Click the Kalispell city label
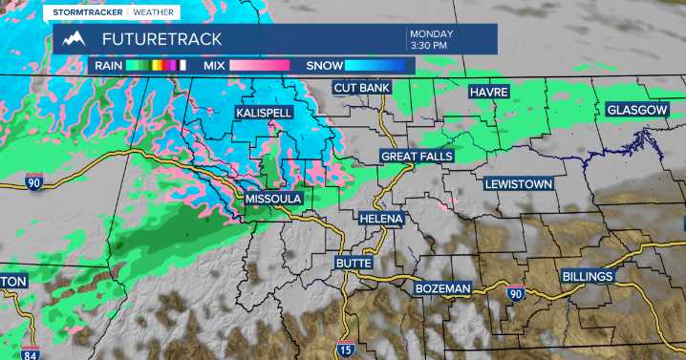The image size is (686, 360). tap(264, 113)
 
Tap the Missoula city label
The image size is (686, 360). tap(273, 199)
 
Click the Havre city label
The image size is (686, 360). tap(488, 92)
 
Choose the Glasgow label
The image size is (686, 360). tap(636, 111)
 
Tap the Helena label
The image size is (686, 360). tap(381, 219)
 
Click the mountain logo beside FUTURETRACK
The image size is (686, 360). tap(74, 39)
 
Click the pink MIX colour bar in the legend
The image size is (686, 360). tap(258, 66)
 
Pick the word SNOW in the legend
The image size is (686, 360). tap(324, 66)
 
